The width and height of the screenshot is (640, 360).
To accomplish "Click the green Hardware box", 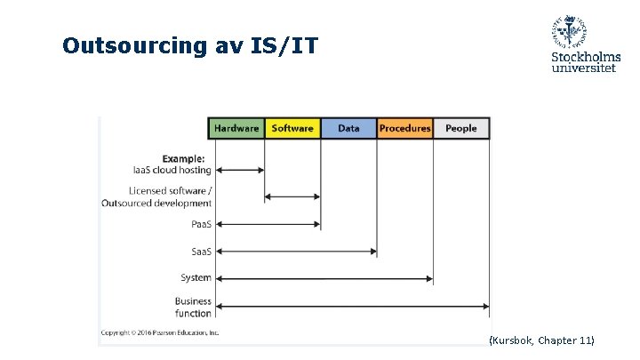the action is [236, 128].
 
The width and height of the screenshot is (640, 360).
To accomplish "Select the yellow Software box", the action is [292, 128].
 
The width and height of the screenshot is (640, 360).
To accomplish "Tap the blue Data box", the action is [348, 128].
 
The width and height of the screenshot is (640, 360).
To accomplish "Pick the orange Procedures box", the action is [404, 128].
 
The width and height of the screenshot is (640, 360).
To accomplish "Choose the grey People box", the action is [460, 128].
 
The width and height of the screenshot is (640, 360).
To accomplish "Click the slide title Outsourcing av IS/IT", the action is [189, 45].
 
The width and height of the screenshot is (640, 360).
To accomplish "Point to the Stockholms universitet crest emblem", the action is [569, 32].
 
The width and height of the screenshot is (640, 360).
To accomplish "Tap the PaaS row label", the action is [201, 224].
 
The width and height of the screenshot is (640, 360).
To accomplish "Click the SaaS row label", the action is [201, 252].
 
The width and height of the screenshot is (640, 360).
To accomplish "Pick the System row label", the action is [196, 278].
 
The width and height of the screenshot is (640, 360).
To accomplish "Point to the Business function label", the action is [193, 308].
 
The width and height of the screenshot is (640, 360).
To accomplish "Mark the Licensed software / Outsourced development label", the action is [170, 196].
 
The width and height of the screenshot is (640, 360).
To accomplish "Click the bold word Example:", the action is [183, 159].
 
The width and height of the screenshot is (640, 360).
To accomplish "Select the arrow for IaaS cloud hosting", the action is [240, 170].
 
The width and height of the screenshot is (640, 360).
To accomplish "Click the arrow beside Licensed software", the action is [292, 196].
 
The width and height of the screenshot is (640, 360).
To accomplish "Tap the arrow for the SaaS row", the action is [296, 252].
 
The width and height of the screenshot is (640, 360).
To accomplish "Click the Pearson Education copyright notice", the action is [160, 332].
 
